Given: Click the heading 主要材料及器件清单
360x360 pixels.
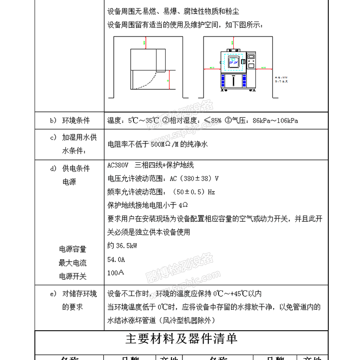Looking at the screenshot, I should point(181,339).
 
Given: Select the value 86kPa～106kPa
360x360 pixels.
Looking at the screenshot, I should point(275,120).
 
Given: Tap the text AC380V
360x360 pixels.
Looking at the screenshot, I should point(118,165).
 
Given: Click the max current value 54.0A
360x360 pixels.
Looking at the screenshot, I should point(116,259).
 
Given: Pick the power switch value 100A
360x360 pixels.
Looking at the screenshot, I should point(116,273).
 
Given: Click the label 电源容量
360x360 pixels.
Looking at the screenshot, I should point(72,249).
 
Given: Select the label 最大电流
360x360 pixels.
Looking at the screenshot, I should point(72,263).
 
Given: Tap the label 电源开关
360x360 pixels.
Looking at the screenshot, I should point(72,276).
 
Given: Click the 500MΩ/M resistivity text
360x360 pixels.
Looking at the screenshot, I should point(168,144).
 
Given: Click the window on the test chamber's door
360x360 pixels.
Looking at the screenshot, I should point(233,62).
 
